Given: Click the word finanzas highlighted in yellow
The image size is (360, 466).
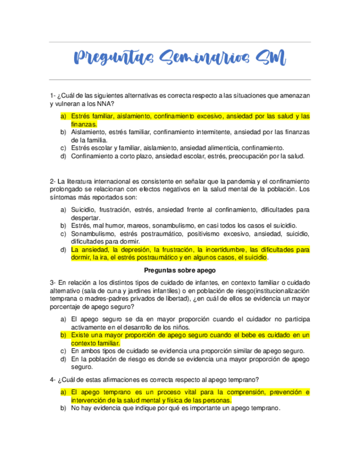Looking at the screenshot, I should pos(82,124).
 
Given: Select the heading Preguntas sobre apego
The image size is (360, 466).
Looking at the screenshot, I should pos(180,270).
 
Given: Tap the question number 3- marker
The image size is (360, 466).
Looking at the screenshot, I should pos(52,282).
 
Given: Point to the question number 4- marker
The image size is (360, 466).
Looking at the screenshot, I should pos(52,380).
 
